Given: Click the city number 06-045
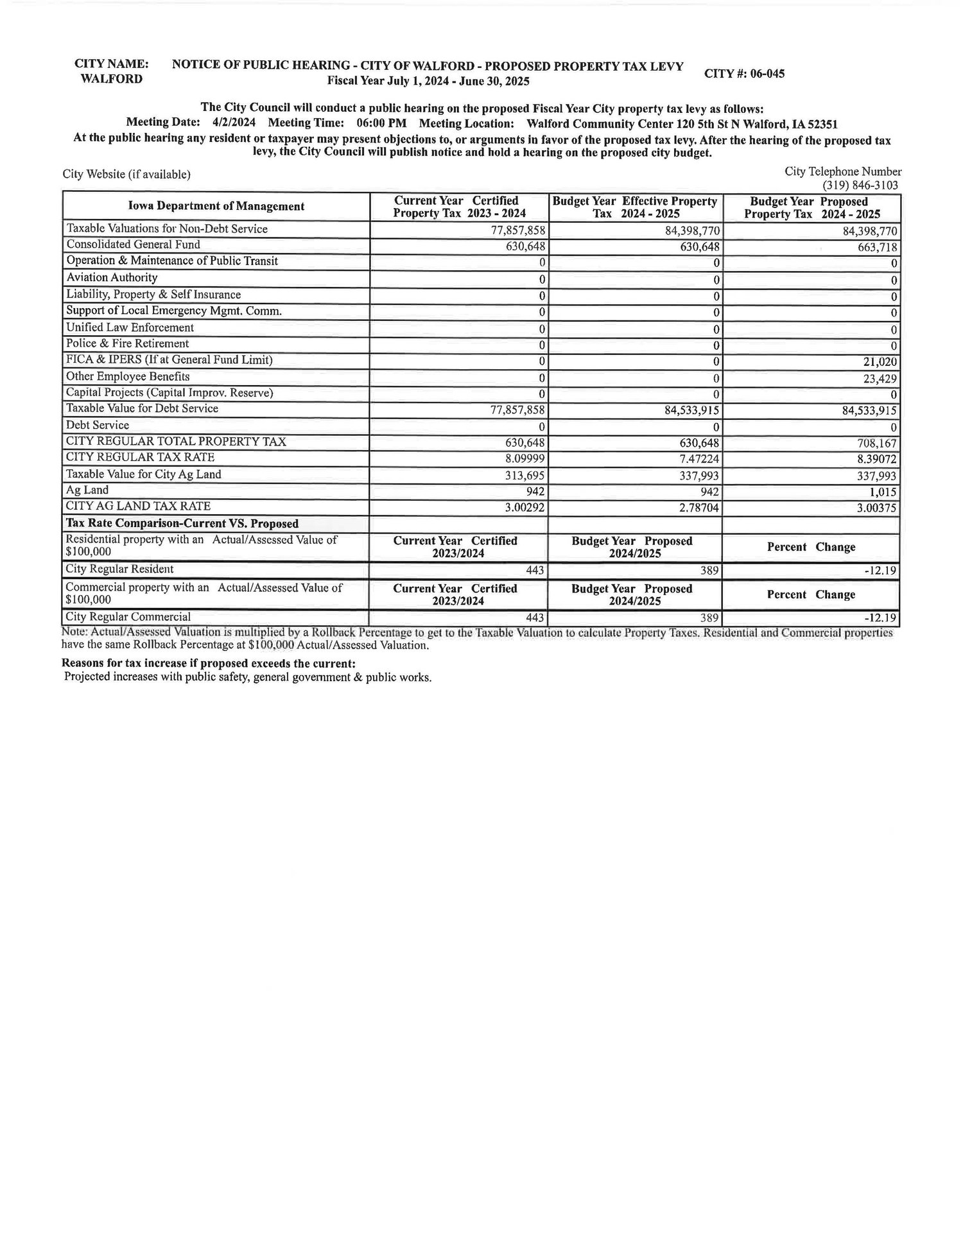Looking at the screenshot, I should (763, 73).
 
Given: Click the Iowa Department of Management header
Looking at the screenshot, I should (216, 207).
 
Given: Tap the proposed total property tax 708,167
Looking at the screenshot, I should (876, 444).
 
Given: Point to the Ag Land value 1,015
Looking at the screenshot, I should (883, 492).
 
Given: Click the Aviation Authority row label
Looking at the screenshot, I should (112, 277).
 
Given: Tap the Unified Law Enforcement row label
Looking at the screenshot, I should (130, 327).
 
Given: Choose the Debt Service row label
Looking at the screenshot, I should (98, 425).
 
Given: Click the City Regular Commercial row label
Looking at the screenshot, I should (128, 617).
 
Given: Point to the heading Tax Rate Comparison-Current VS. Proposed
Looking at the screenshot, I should (182, 524).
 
